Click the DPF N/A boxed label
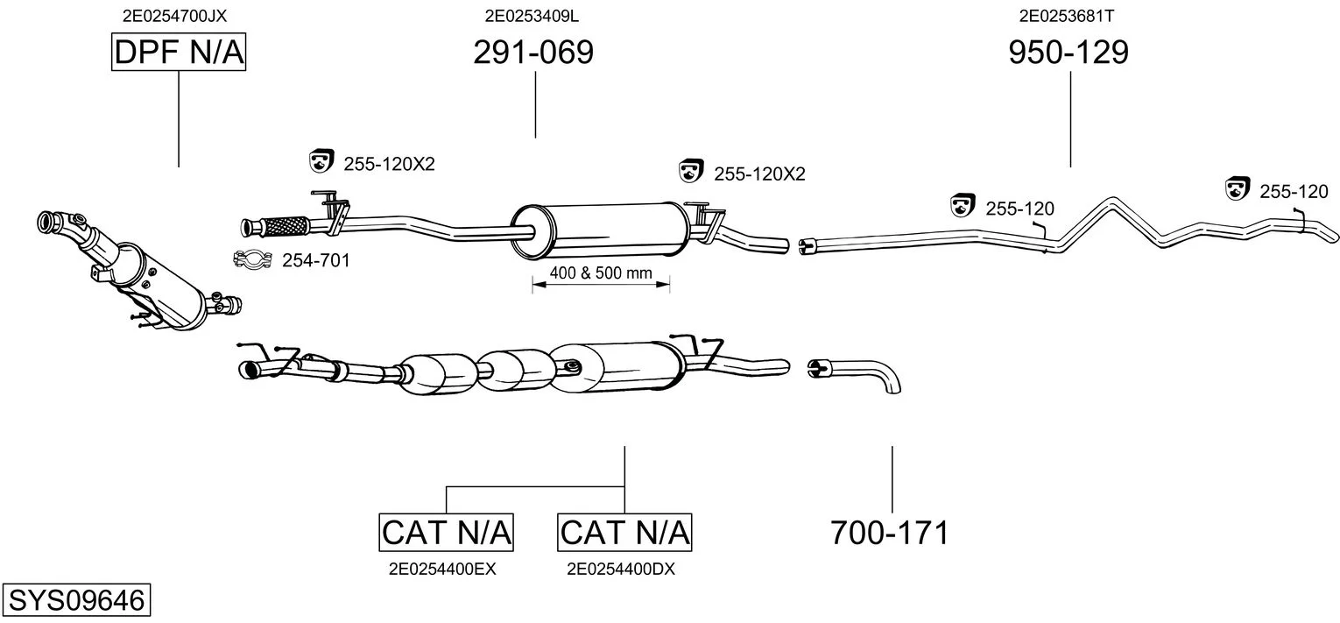click(x=179, y=53)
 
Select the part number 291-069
click(x=532, y=53)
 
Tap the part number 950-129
click(x=1068, y=53)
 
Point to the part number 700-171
click(x=890, y=532)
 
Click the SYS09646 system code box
click(x=75, y=601)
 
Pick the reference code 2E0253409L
click(x=532, y=15)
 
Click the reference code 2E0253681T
click(x=1066, y=15)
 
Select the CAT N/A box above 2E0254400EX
click(x=446, y=532)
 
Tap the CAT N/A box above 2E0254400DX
click(x=624, y=532)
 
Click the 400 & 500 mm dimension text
click(x=601, y=273)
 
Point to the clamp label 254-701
click(x=315, y=260)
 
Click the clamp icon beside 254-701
click(x=251, y=259)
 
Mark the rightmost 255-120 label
click(x=1294, y=191)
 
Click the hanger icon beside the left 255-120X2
click(x=322, y=161)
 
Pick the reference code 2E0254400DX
click(x=620, y=569)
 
